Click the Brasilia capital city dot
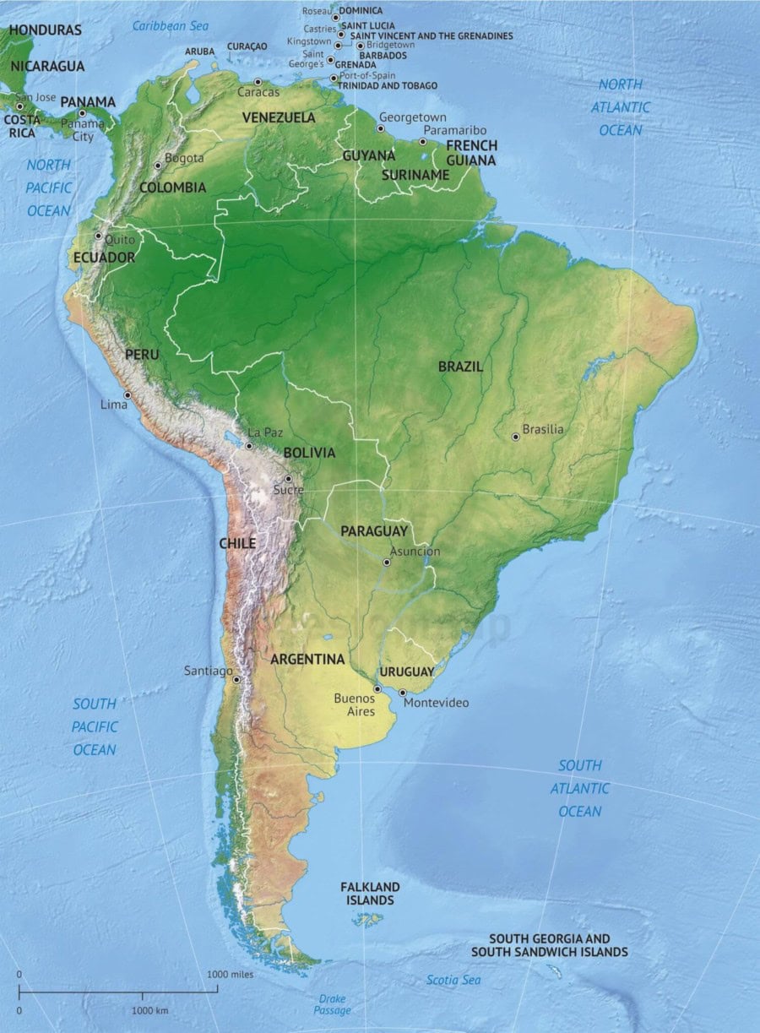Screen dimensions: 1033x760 coord(516,437)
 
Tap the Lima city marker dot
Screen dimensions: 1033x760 coord(128,394)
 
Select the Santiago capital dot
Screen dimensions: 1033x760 coord(236,679)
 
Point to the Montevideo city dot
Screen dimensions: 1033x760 coord(402,693)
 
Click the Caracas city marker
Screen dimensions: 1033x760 coord(258,82)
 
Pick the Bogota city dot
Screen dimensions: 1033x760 coord(158,166)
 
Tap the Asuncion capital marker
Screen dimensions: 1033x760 coord(387,562)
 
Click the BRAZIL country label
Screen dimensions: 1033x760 coord(460,367)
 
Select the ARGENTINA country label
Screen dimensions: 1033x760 coord(307,659)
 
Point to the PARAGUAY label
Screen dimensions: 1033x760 coord(373,531)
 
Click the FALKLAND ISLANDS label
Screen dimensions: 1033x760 coord(370,894)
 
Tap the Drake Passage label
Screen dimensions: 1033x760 coord(332,1004)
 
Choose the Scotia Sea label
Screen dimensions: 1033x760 coord(453,980)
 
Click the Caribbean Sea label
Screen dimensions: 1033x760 coord(170,26)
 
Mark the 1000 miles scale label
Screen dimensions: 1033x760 coord(230,974)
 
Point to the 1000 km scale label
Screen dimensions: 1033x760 coord(149,1010)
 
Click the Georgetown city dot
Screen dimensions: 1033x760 coord(381,128)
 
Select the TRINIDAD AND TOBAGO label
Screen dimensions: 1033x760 coord(388,85)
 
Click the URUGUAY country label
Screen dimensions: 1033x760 coord(407,671)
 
